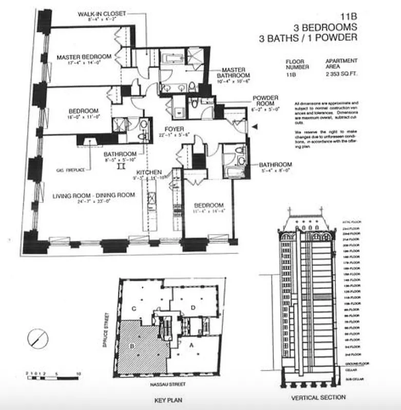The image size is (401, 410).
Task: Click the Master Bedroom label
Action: pyautogui.click(x=84, y=56)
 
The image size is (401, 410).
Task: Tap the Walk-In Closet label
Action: pyautogui.click(x=101, y=13)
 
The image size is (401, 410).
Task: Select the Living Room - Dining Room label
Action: pyautogui.click(x=93, y=195)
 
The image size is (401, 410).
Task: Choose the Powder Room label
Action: pyautogui.click(x=265, y=98)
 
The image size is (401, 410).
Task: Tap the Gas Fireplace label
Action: pyautogui.click(x=69, y=169)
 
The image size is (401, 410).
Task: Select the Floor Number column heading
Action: pyautogui.click(x=297, y=64)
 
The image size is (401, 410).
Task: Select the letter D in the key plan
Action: pyautogui.click(x=193, y=307)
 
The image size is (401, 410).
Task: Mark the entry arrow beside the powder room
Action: pyautogui.click(x=255, y=126)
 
